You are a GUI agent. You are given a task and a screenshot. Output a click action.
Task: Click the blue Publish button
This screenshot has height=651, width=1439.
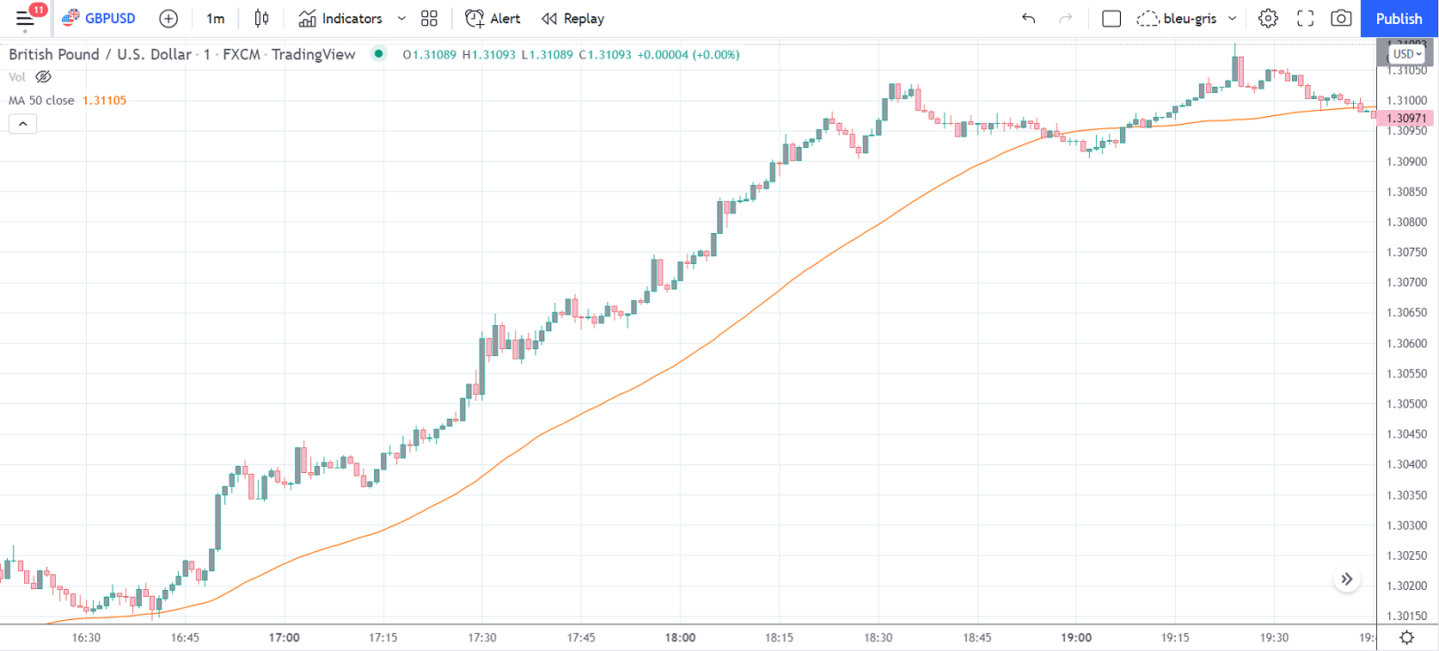point(1399,19)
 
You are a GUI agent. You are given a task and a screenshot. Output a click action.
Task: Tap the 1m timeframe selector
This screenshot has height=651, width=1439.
point(215,19)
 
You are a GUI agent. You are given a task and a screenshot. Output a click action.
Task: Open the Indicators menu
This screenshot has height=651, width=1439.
point(340,19)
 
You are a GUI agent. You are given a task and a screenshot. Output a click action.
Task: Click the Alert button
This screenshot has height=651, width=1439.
point(493,19)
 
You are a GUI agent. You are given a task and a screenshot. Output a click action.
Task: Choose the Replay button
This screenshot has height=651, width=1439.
point(573,19)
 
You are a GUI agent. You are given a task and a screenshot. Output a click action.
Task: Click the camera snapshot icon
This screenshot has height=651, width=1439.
point(1341,19)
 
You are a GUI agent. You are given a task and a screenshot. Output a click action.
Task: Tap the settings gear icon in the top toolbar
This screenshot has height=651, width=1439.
point(1267,19)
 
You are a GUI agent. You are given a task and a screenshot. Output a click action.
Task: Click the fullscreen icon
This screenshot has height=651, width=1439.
point(1305,19)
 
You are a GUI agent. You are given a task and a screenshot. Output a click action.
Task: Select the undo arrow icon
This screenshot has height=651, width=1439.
point(1028,19)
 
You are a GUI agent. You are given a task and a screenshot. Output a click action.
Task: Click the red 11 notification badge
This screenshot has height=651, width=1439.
point(39,9)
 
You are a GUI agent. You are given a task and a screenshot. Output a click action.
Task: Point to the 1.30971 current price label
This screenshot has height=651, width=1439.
point(1406,118)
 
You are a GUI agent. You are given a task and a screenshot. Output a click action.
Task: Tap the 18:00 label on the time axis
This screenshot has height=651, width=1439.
point(680,637)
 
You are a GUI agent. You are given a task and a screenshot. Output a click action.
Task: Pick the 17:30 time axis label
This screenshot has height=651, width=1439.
point(481,637)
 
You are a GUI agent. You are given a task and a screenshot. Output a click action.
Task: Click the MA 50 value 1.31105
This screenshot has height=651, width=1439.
point(104,101)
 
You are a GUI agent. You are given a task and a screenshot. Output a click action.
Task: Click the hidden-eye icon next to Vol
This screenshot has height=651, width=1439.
point(43,77)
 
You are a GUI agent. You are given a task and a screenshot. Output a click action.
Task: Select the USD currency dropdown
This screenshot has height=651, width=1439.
point(1405,53)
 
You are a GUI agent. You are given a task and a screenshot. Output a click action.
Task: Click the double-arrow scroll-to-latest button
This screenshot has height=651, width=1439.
point(1346,579)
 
